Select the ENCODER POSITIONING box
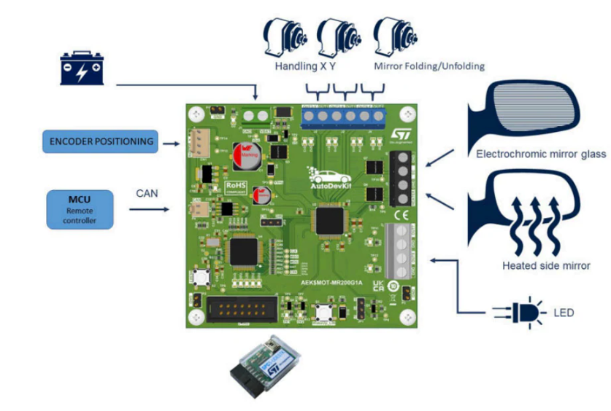(101, 141)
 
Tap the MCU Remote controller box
(80, 209)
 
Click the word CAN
(147, 194)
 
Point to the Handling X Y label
(304, 66)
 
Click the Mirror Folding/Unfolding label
(429, 66)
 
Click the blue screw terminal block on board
(342, 116)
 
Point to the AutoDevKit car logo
(333, 179)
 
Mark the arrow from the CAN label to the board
(150, 209)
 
